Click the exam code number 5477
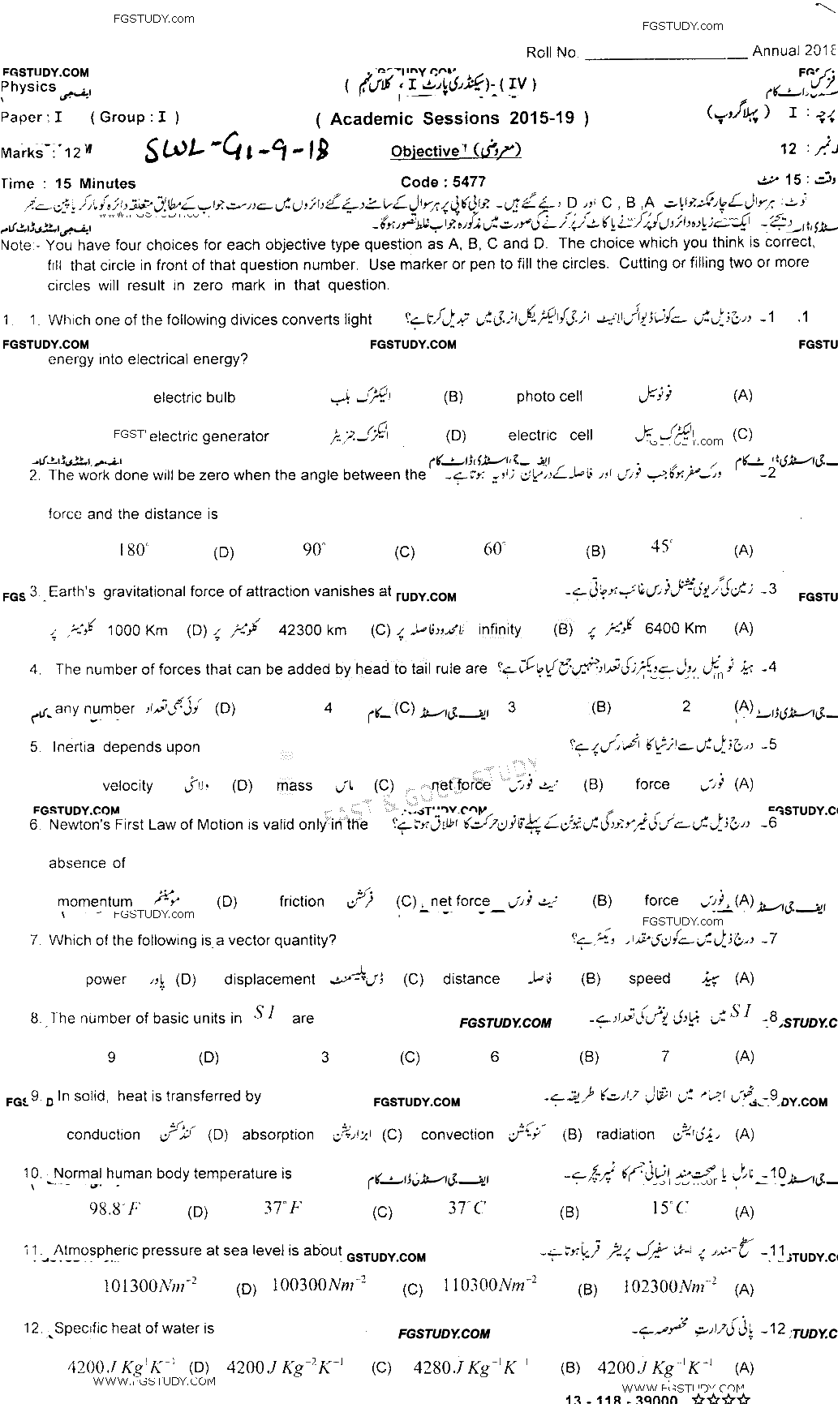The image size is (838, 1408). click(x=466, y=182)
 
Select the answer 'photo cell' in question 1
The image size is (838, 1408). click(x=549, y=397)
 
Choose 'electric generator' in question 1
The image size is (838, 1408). click(x=209, y=436)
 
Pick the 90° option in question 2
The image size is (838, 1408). click(x=313, y=550)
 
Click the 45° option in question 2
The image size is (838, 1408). click(x=661, y=547)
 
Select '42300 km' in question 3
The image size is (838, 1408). click(x=312, y=629)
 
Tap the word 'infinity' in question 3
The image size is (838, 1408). click(x=500, y=629)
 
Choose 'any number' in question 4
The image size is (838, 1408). click(x=95, y=709)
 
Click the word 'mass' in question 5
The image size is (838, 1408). click(x=294, y=785)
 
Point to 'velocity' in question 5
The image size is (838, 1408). click(x=127, y=785)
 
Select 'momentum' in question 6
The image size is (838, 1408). click(x=95, y=901)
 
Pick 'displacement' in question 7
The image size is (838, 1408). click(x=269, y=979)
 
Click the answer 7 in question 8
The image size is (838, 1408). click(x=665, y=1056)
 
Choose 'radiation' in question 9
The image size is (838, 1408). click(x=625, y=1135)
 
